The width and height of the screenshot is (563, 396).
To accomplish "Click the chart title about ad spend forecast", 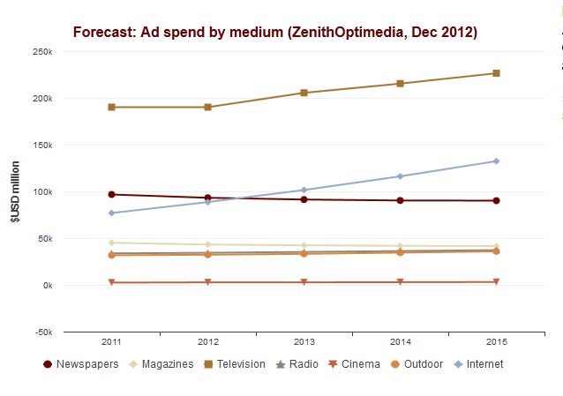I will tap(274, 33).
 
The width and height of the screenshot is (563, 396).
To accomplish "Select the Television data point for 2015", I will tap(496, 73).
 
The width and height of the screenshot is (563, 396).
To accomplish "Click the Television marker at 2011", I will tap(111, 107).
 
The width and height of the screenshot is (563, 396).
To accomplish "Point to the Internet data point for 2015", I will tap(496, 161).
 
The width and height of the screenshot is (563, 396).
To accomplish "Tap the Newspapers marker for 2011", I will tap(111, 194).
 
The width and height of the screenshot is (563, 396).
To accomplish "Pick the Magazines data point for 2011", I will tap(111, 243).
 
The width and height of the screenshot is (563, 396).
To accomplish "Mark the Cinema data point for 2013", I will tap(304, 282).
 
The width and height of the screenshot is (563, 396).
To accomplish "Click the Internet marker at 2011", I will tap(111, 213).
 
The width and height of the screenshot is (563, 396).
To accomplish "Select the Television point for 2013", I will tap(304, 93).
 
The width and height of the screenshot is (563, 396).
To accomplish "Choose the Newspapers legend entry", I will tap(80, 363).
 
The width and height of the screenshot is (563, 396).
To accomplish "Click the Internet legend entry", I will tap(477, 363).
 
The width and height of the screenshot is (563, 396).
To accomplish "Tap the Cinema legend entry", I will tap(354, 363).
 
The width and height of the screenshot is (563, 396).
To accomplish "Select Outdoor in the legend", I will tap(417, 363).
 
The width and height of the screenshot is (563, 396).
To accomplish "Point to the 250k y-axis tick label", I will tap(41, 51).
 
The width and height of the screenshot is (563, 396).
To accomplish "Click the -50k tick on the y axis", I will tap(41, 332).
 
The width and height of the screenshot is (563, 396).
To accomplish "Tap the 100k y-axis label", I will tap(41, 191).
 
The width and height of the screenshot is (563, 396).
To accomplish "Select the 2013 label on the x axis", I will tap(304, 341).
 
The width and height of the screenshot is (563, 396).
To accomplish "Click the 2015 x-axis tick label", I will tap(496, 341).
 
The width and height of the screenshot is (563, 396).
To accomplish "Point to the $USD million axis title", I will tap(16, 191).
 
